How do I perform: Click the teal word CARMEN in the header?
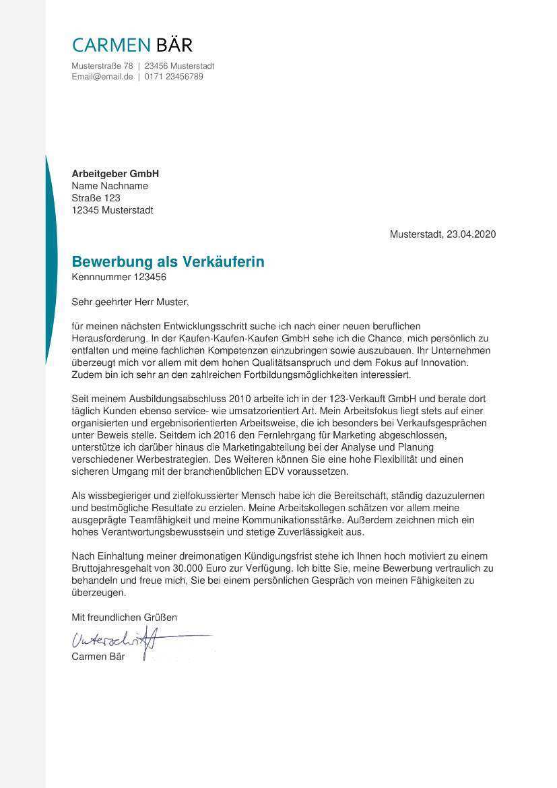coord(111,45)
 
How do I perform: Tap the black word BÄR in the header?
coord(174,44)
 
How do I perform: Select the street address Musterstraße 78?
coord(102,66)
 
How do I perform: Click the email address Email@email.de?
coord(102,77)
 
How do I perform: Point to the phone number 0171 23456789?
coord(174,77)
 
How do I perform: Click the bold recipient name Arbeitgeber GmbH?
coord(115,174)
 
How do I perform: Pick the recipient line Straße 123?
coord(96,198)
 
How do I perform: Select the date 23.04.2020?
coord(471,234)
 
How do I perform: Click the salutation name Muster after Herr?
coord(174,302)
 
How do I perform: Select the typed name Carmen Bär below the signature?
coord(98,657)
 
